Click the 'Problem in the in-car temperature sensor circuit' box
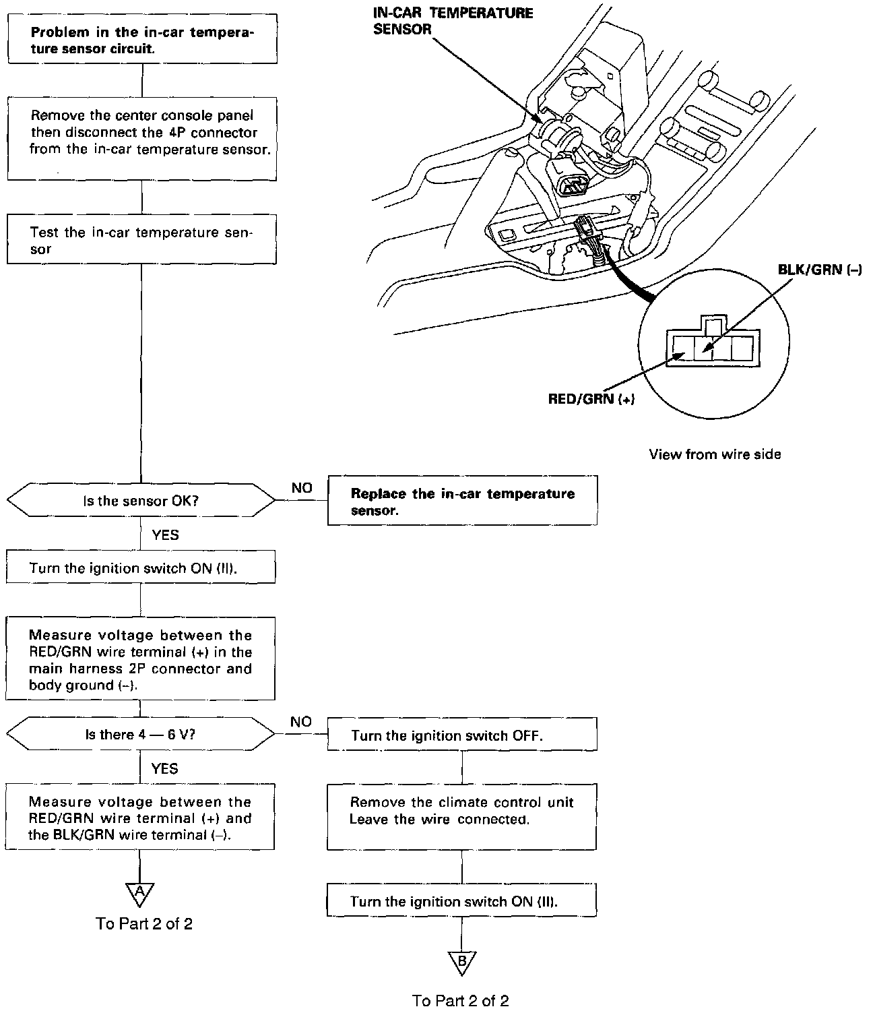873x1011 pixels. coord(142,40)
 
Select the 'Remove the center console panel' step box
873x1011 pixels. coord(142,137)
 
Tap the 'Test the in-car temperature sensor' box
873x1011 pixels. coord(142,239)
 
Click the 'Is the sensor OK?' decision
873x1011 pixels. coord(141,501)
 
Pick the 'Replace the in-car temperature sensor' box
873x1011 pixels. coord(462,501)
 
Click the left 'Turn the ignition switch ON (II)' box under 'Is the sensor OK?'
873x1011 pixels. coord(141,568)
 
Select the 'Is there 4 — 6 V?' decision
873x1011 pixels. coord(141,734)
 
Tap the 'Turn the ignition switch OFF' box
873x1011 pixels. coord(462,735)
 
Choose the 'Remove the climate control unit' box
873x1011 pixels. coord(462,816)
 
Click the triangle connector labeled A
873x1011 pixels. coord(139,893)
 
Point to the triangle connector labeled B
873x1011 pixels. coord(462,962)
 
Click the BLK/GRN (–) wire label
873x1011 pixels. coord(819,270)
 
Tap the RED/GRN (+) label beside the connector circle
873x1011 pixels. coord(591,399)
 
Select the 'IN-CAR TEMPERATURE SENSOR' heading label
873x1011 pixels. coord(453,21)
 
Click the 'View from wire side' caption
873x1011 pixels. coord(715,454)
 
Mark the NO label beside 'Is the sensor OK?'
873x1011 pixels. coord(302,488)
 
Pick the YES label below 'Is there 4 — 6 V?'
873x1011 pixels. coord(164,768)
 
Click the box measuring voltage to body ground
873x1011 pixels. coord(141,659)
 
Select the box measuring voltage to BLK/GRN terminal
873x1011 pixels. coord(140,818)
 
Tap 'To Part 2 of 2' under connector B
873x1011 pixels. coord(461,1000)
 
